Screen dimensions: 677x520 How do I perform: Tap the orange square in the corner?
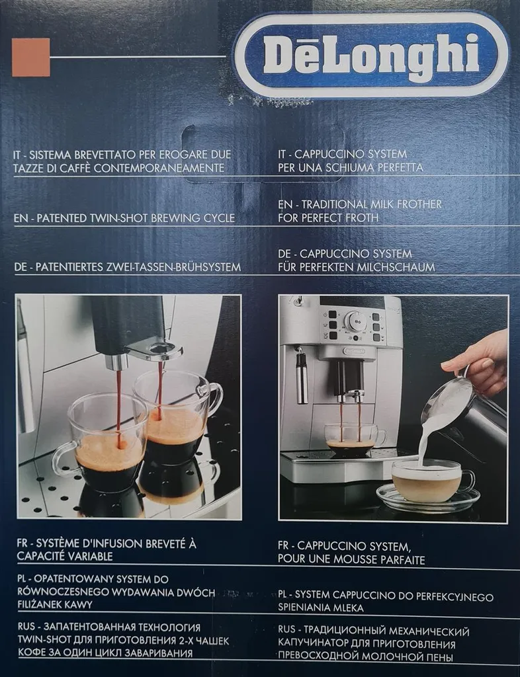click(30, 57)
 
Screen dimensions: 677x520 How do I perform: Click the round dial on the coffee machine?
click(355, 322)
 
